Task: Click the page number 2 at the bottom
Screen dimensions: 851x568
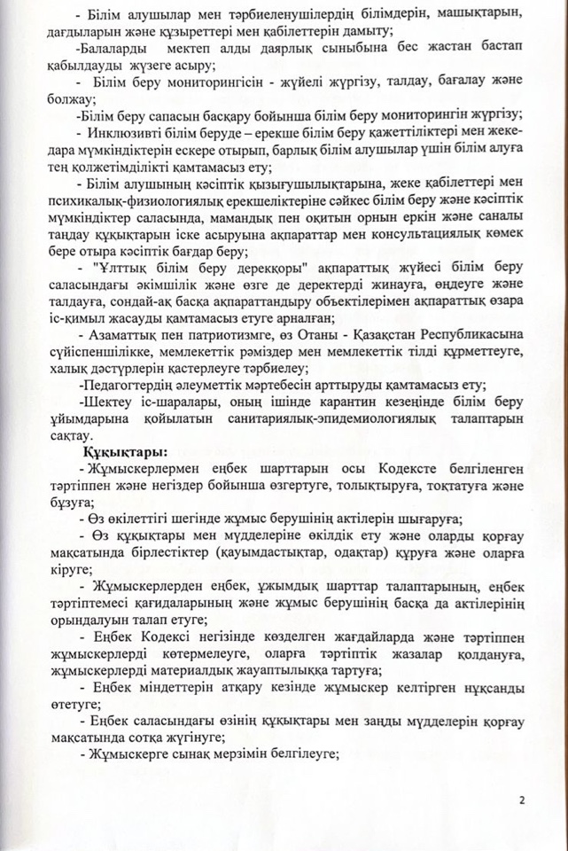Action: pos(523,800)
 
